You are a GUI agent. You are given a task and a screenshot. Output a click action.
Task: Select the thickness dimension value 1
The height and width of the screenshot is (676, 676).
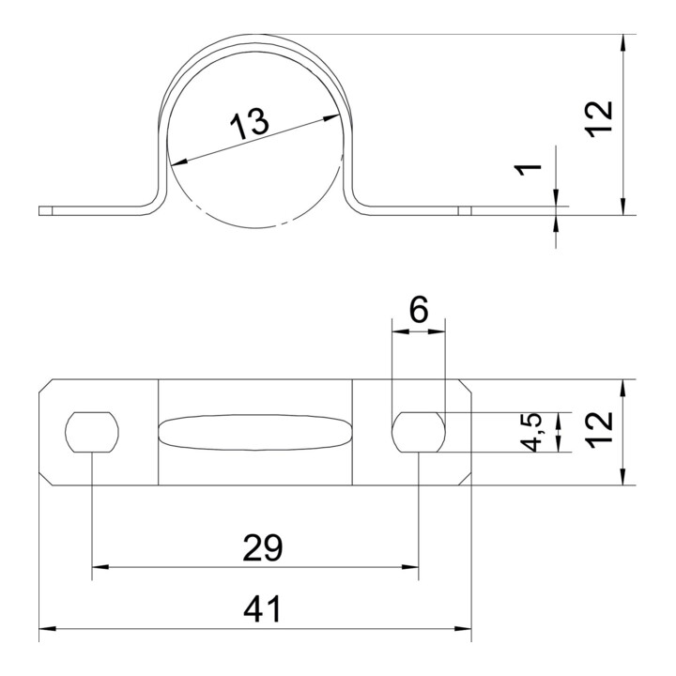pyautogui.click(x=528, y=169)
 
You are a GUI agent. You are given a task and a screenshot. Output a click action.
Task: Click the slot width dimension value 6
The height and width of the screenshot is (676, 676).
pyautogui.click(x=419, y=310)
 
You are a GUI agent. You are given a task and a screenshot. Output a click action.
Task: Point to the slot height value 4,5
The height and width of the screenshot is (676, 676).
pyautogui.click(x=531, y=432)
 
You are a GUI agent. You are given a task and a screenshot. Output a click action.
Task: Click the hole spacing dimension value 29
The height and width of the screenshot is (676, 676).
pyautogui.click(x=263, y=547)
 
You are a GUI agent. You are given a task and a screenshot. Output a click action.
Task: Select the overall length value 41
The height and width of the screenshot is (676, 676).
pyautogui.click(x=262, y=608)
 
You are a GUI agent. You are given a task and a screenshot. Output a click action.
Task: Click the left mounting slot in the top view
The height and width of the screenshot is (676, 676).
pyautogui.click(x=92, y=432)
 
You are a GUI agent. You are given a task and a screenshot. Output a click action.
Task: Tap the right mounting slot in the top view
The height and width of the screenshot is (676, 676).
pyautogui.click(x=419, y=432)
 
